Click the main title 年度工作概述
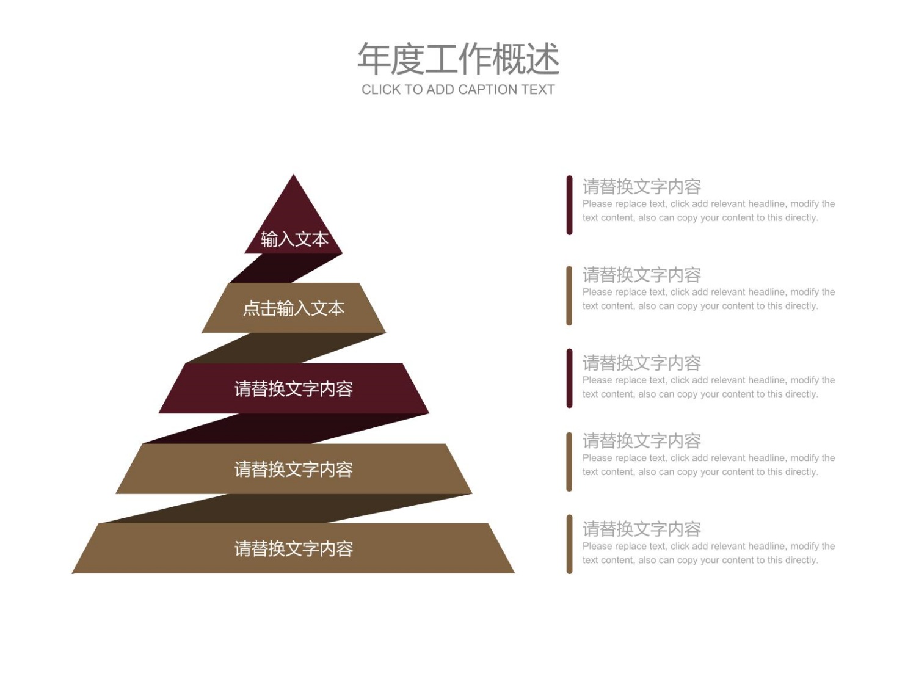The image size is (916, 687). (458, 59)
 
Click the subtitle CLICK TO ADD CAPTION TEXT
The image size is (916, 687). (458, 90)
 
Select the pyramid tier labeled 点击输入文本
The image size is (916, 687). (293, 308)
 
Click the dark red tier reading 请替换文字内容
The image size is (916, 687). (293, 388)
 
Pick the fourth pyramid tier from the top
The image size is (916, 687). (293, 469)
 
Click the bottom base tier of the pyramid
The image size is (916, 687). (293, 548)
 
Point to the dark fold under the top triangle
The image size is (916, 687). (286, 268)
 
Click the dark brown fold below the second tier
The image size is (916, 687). (286, 348)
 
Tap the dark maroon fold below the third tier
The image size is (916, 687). (286, 429)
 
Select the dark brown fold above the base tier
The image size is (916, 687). (286, 509)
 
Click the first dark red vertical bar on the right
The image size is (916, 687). (569, 205)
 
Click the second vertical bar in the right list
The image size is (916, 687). (569, 296)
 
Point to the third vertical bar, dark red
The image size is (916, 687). (569, 378)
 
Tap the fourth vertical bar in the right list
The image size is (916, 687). (569, 462)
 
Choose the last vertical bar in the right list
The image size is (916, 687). (569, 544)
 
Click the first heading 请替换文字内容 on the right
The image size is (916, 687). (642, 186)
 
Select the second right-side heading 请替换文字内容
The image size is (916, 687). (642, 274)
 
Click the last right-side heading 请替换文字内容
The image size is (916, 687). (642, 529)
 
